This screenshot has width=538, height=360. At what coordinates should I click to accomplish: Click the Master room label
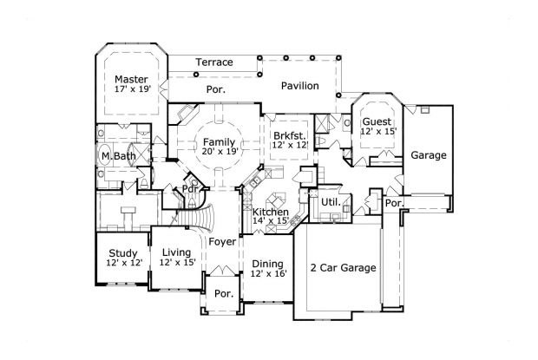131,77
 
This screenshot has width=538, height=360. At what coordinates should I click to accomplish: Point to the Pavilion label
299,86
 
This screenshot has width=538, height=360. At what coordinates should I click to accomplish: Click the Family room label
219,141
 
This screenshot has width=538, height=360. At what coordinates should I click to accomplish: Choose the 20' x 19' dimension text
219,152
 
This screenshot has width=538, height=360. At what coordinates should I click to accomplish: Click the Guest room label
377,121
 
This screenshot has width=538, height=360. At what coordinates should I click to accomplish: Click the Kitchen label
270,211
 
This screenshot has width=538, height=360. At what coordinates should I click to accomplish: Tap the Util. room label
330,201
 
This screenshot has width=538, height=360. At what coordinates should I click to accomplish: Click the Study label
124,251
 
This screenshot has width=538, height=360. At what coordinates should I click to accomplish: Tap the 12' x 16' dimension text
268,273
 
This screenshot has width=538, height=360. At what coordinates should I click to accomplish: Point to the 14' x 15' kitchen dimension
270,221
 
